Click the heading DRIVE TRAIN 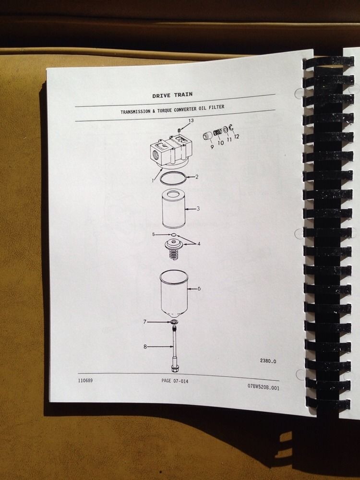pyautogui.click(x=172, y=95)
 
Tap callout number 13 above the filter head pyautogui.click(x=191, y=120)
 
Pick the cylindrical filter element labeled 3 pyautogui.click(x=172, y=209)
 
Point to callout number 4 pyautogui.click(x=198, y=243)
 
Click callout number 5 pyautogui.click(x=154, y=234)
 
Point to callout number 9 pyautogui.click(x=211, y=146)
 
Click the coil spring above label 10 pyautogui.click(x=219, y=131)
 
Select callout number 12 pyautogui.click(x=236, y=136)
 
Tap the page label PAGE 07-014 pyautogui.click(x=176, y=381)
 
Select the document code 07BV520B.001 pyautogui.click(x=263, y=387)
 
